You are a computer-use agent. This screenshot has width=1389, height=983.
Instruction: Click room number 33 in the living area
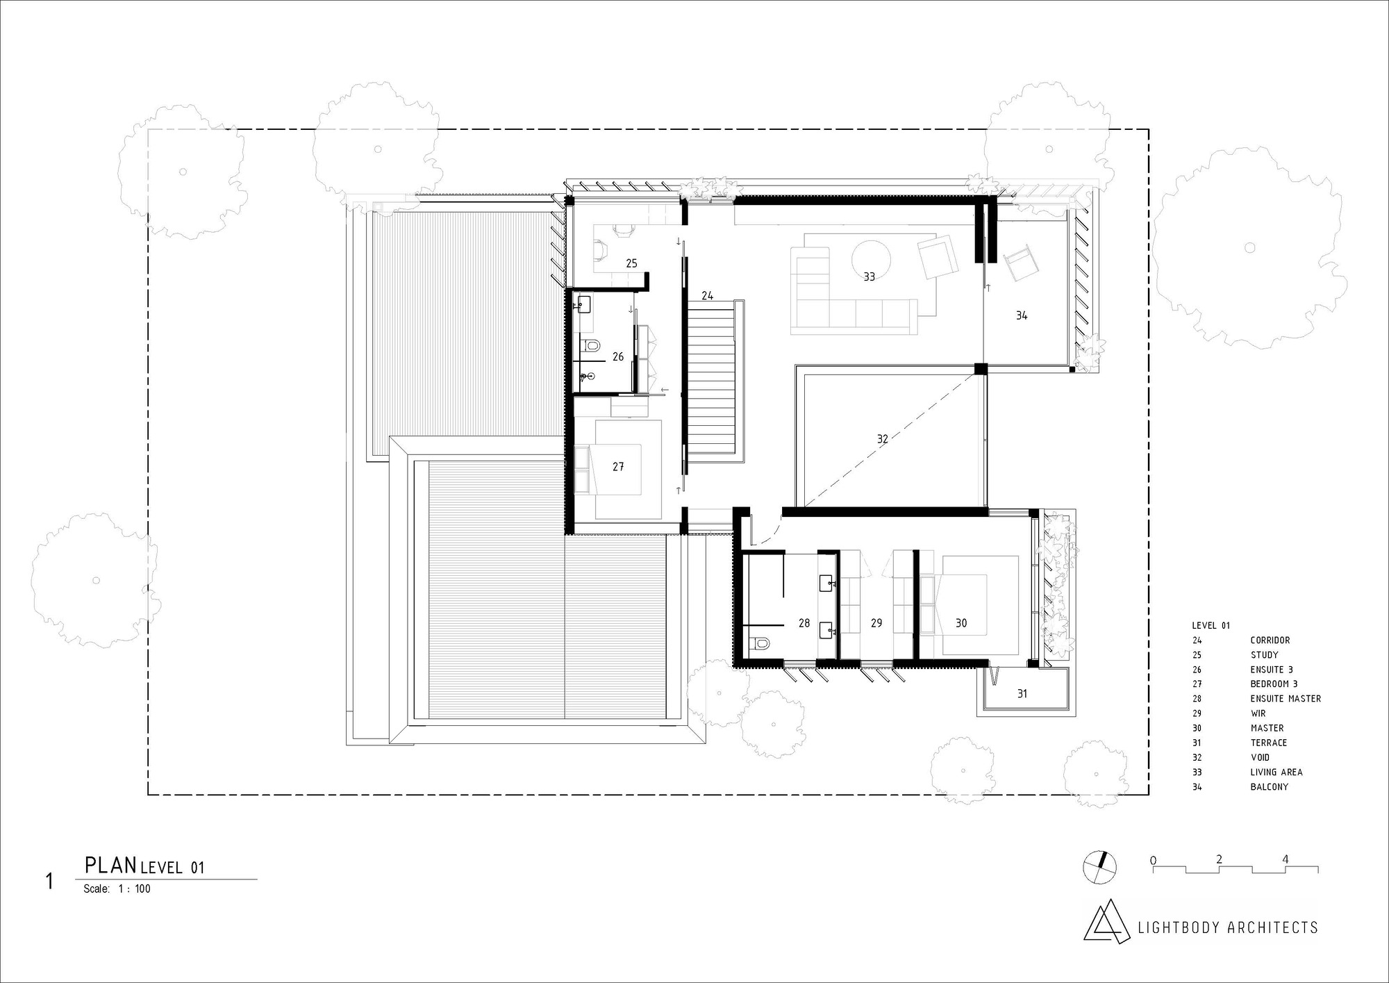(869, 276)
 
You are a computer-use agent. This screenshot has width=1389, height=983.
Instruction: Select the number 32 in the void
(882, 439)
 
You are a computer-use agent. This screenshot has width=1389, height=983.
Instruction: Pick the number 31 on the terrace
(1022, 693)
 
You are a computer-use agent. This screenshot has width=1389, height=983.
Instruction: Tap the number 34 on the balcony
(1022, 315)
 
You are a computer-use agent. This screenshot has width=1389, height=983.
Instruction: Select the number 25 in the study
(631, 263)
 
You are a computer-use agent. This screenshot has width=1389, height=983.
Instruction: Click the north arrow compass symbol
(1101, 867)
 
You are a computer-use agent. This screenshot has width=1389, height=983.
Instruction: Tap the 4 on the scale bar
(1286, 859)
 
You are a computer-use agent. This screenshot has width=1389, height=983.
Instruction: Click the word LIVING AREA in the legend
(1276, 772)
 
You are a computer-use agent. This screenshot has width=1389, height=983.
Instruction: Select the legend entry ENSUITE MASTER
(1286, 699)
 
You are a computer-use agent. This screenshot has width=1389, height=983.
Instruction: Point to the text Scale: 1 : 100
(117, 889)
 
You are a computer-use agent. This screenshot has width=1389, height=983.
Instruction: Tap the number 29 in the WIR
(876, 623)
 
